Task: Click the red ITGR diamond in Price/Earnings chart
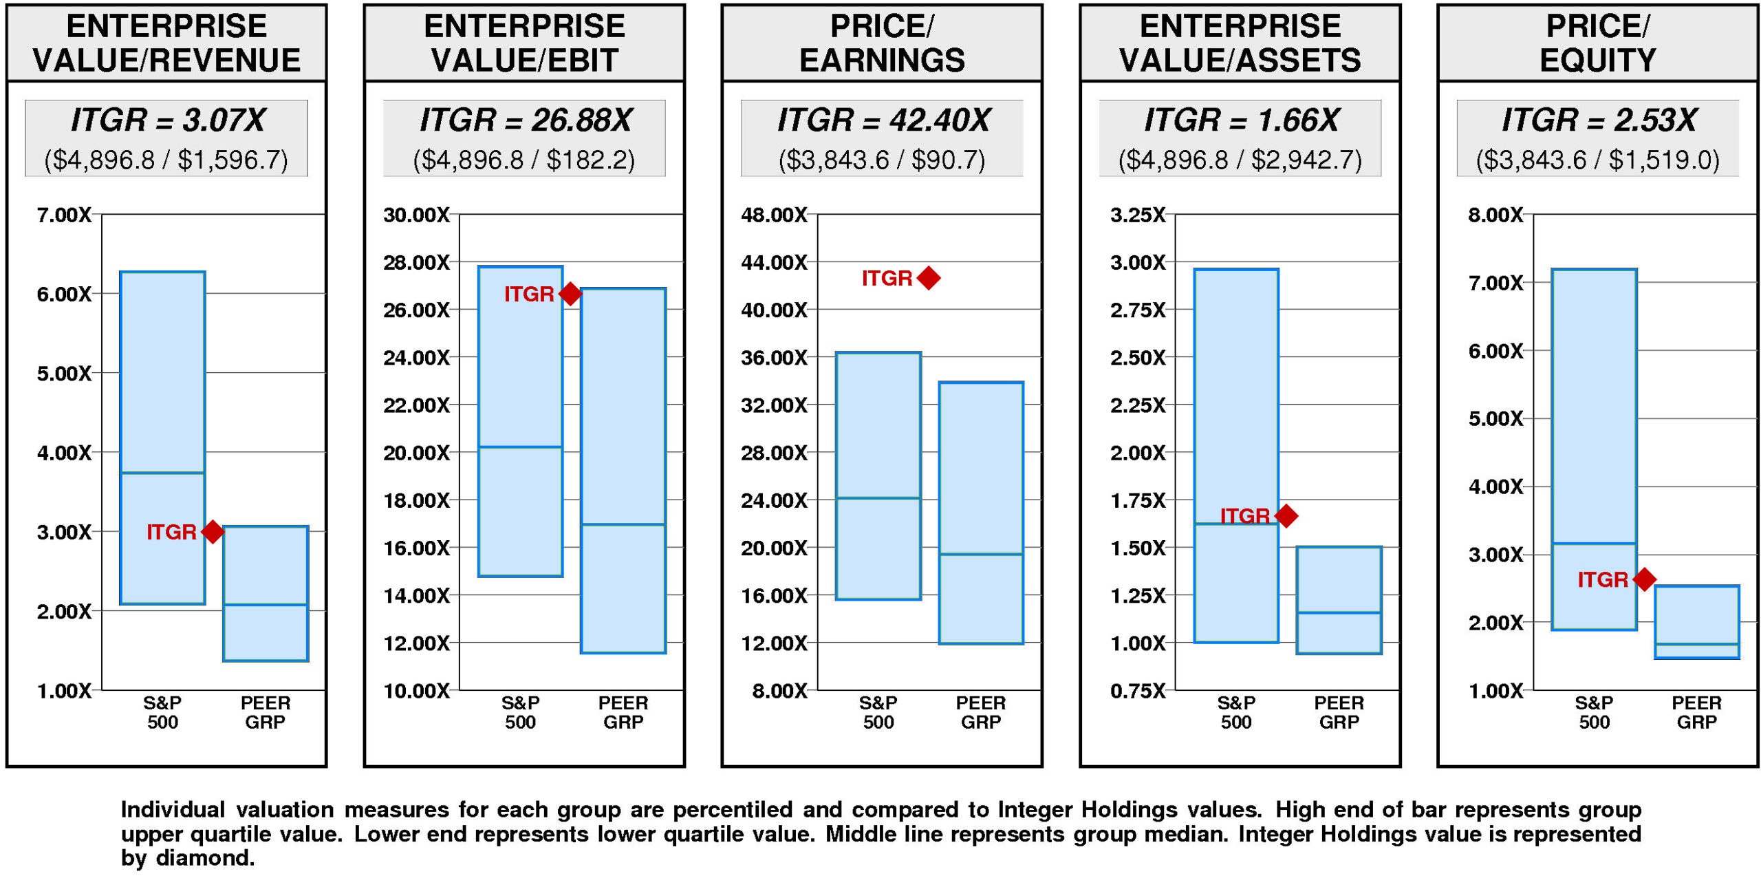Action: [x=928, y=278]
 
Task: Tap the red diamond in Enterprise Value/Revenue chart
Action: [x=213, y=531]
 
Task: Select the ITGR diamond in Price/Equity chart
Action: [x=1644, y=579]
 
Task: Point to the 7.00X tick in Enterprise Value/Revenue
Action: [x=64, y=215]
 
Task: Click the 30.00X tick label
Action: [x=416, y=215]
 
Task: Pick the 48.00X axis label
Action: [x=774, y=215]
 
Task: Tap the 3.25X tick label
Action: [x=1138, y=215]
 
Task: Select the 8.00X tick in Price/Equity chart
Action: [x=1495, y=215]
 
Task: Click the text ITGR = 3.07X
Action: [x=167, y=120]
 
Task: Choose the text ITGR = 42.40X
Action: [x=883, y=120]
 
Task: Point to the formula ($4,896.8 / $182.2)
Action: [x=523, y=160]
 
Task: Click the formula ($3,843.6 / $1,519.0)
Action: [x=1597, y=160]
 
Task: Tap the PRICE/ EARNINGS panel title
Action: [x=882, y=43]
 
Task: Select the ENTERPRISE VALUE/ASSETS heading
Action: [x=1240, y=43]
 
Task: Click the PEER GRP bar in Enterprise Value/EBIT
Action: [x=623, y=470]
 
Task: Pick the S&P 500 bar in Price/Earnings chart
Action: [x=878, y=475]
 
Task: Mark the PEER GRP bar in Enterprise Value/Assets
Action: [x=1339, y=599]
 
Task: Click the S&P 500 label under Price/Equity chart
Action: [x=1594, y=712]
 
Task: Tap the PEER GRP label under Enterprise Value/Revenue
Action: [x=266, y=712]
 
